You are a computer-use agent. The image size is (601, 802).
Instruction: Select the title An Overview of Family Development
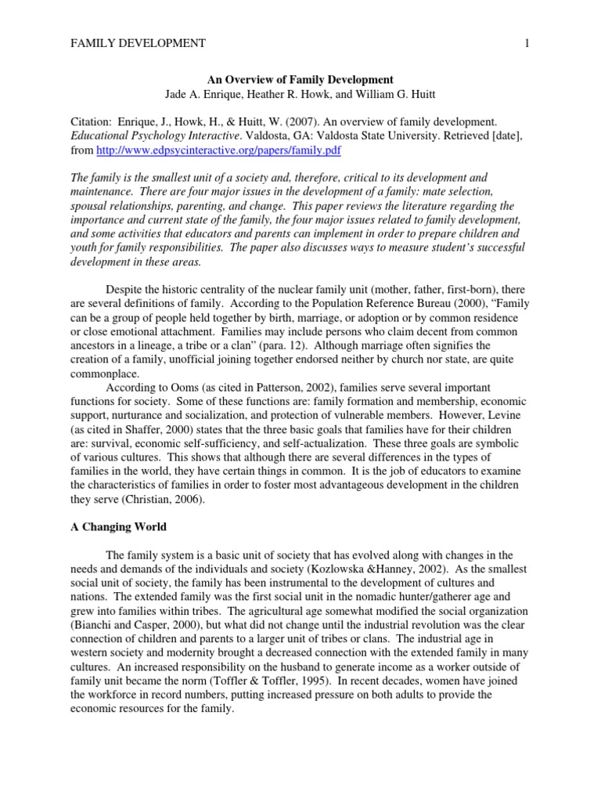(x=300, y=80)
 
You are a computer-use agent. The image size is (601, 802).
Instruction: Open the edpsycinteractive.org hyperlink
(x=218, y=150)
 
